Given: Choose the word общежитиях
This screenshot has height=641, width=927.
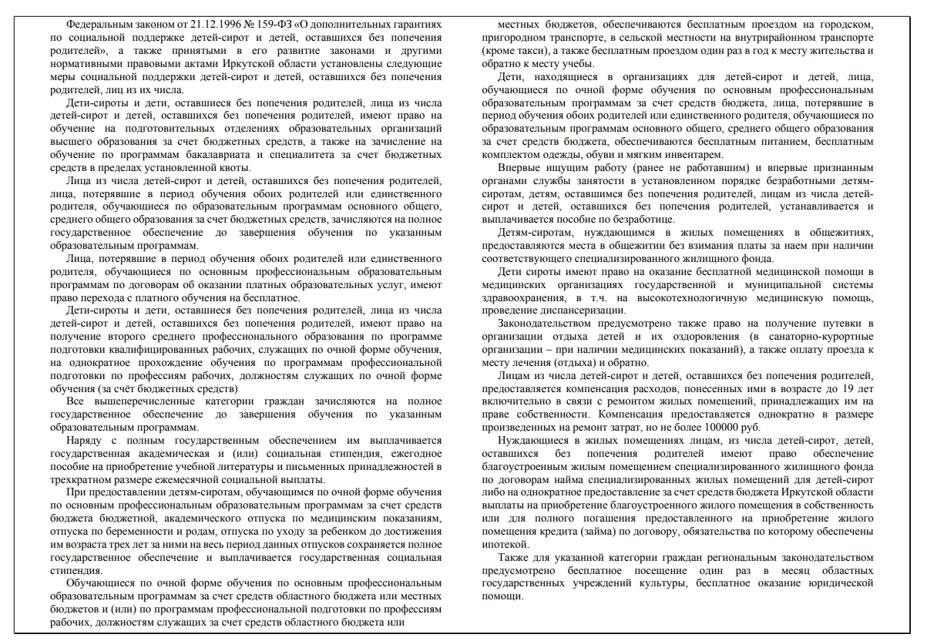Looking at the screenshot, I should coord(837,233).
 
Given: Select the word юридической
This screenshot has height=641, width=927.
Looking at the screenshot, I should coord(838,583).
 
